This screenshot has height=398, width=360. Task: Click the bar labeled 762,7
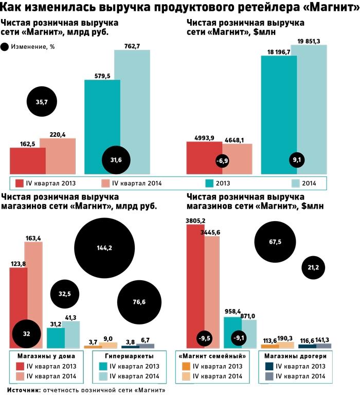132,103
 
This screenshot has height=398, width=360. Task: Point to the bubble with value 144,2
104,247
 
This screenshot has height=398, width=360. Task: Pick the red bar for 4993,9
204,158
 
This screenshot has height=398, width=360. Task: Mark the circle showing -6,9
222,161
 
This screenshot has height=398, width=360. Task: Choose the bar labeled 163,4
33,288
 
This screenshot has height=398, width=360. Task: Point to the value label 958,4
233,312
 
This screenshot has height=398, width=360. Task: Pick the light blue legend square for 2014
297,183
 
